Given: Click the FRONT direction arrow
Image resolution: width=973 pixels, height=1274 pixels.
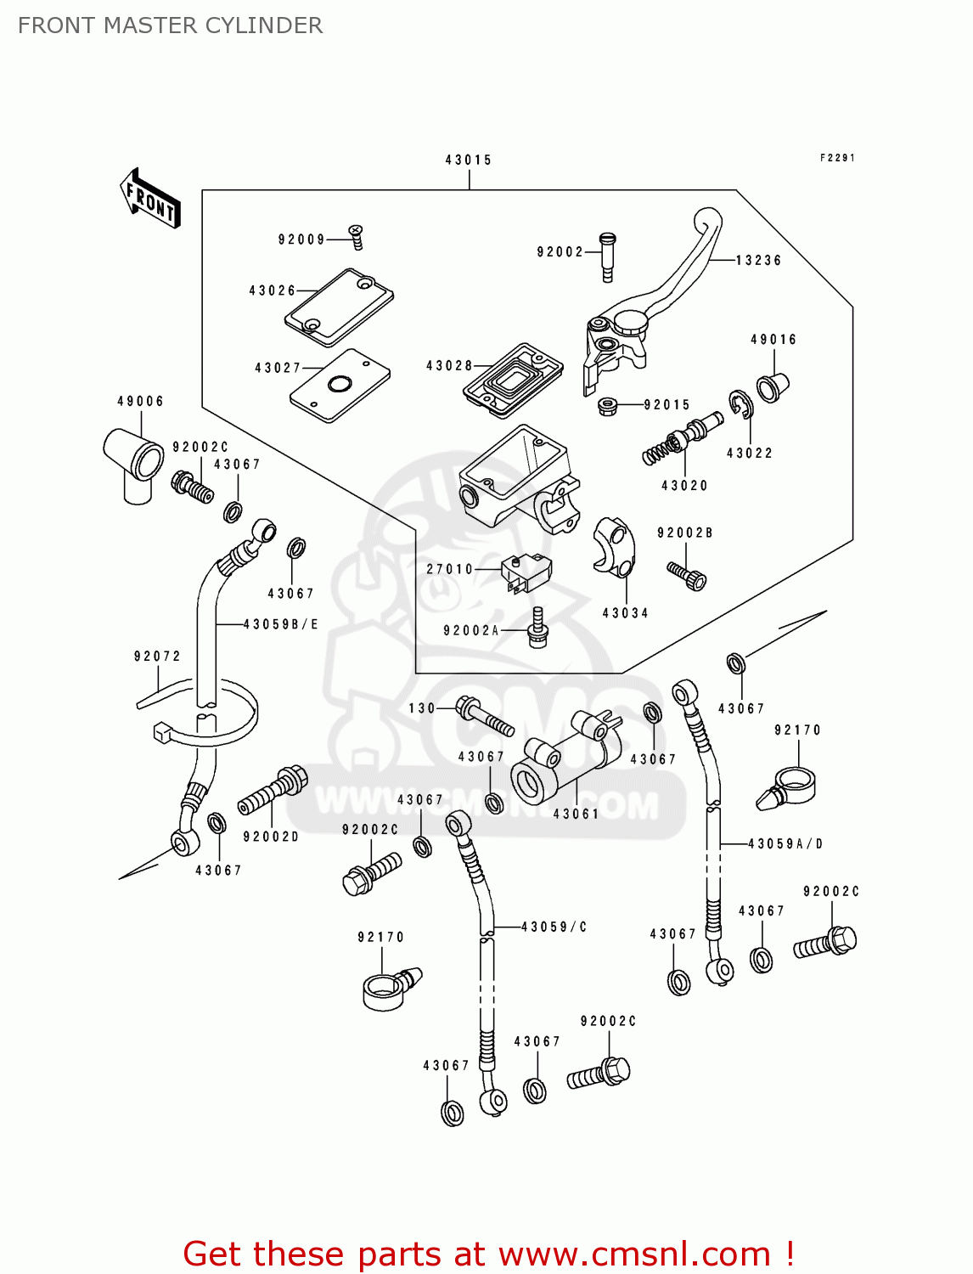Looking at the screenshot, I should point(150,199).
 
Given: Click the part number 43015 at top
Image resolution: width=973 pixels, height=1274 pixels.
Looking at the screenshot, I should point(468,160).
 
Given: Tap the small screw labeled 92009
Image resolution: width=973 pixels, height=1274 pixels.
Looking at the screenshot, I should point(357,237).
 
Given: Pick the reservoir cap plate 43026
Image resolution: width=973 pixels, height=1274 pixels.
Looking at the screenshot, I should point(339,307).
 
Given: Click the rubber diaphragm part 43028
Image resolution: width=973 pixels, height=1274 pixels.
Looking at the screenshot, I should point(513,380).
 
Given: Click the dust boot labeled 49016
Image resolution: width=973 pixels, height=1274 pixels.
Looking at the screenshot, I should point(773,387).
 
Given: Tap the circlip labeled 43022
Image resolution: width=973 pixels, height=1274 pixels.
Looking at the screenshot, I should point(740,405).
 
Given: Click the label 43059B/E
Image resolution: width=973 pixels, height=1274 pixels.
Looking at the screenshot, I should point(281,624).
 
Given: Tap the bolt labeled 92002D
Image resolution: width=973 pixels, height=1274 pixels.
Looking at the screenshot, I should point(273,789).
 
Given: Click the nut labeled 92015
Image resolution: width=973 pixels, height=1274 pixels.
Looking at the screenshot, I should point(607,406).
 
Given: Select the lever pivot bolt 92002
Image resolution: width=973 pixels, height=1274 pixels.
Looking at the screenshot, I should point(606,256).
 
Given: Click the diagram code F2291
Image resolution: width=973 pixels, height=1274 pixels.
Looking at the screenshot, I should point(836,158).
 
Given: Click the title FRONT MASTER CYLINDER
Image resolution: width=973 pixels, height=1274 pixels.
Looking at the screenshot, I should point(170,25).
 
